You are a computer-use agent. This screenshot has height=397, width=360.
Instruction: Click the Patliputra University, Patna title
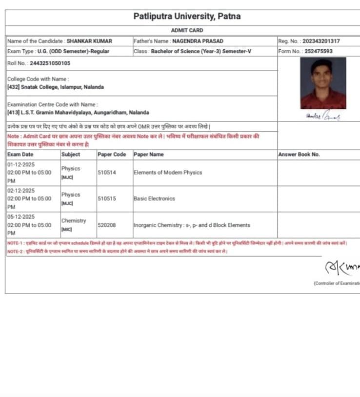pos(187,17)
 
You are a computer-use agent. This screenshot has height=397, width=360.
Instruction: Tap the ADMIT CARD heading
pos(187,30)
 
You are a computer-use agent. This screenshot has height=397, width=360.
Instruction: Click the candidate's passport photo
pos(323,83)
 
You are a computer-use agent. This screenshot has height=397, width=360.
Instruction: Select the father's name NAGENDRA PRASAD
pos(198,41)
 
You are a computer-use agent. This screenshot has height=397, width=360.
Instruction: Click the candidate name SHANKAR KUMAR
pos(86,41)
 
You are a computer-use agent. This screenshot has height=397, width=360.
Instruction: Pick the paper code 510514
pos(107,173)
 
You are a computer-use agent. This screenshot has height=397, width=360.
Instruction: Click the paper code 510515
pos(107,199)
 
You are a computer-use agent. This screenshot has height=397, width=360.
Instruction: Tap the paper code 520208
pos(107,225)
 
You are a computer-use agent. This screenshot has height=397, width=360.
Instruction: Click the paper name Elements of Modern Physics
pos(168,173)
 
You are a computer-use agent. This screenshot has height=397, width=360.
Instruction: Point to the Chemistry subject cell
pos(74,221)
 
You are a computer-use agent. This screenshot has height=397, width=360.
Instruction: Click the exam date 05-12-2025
pos(21,217)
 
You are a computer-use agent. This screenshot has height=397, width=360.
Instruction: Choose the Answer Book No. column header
pos(299,155)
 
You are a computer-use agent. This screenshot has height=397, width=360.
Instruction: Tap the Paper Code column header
pos(112,155)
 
